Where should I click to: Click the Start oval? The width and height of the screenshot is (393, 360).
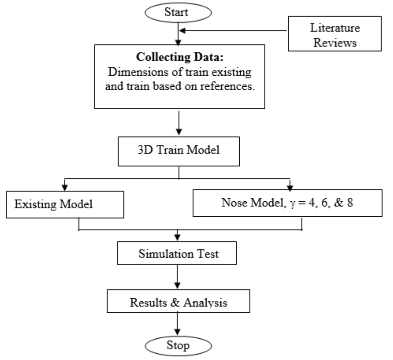click(178, 13)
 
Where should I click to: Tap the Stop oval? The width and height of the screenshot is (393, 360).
click(178, 346)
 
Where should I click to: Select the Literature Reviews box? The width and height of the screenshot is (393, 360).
click(335, 34)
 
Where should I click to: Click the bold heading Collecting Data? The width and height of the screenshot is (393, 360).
click(180, 57)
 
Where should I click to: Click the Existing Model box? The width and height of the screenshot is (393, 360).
click(65, 204)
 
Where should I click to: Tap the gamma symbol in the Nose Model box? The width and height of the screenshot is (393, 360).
click(293, 203)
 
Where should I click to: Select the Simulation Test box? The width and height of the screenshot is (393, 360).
click(177, 253)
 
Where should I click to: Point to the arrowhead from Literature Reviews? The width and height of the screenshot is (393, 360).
click(182, 31)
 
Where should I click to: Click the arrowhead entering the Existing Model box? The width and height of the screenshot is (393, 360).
click(65, 188)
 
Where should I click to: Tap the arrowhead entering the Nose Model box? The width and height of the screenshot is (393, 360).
click(290, 187)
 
